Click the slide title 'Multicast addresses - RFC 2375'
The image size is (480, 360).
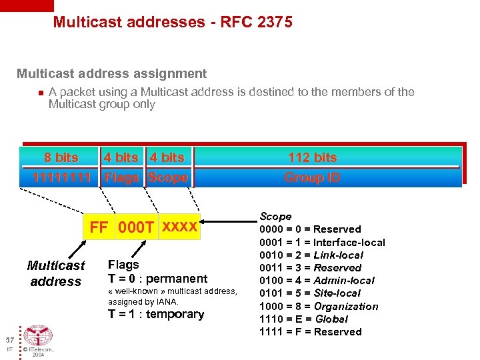[172, 23]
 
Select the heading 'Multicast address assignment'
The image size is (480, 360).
[111, 74]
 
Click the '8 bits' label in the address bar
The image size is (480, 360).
[61, 157]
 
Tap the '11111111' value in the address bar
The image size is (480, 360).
[61, 177]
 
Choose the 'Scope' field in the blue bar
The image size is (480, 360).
[168, 177]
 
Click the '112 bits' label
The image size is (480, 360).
[312, 157]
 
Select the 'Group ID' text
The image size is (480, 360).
[312, 177]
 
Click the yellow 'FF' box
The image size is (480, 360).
[99, 227]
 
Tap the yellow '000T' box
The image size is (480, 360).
[136, 227]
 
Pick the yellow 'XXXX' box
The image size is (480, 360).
[179, 227]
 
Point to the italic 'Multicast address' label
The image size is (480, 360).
[56, 273]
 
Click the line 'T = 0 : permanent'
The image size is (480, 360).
[157, 279]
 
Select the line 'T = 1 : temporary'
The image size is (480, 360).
[156, 314]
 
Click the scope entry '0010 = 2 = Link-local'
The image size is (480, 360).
[311, 255]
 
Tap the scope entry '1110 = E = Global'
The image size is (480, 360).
[303, 319]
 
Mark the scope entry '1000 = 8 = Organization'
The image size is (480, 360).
[319, 306]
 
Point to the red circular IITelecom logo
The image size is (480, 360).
[38, 335]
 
